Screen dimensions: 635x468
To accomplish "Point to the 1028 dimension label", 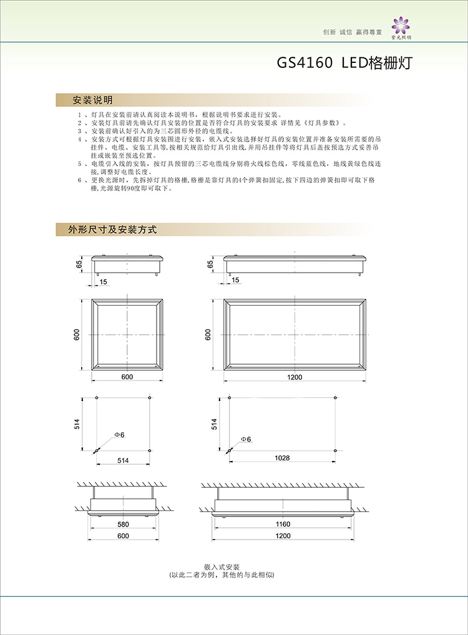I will pyautogui.click(x=282, y=458).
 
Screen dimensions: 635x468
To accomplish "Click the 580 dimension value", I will pyautogui.click(x=122, y=524).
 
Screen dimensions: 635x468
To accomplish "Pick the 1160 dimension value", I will pyautogui.click(x=283, y=524).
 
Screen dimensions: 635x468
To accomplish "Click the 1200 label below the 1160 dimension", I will pyautogui.click(x=283, y=536).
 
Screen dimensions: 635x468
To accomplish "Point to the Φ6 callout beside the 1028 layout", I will pyautogui.click(x=245, y=439).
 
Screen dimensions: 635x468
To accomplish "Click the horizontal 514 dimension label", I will pyautogui.click(x=122, y=460).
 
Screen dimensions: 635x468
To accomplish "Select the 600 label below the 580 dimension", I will pyautogui.click(x=122, y=536).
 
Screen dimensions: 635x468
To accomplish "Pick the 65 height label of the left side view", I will pyautogui.click(x=79, y=264).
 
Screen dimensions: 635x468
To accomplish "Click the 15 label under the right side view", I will pyautogui.click(x=235, y=281).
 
